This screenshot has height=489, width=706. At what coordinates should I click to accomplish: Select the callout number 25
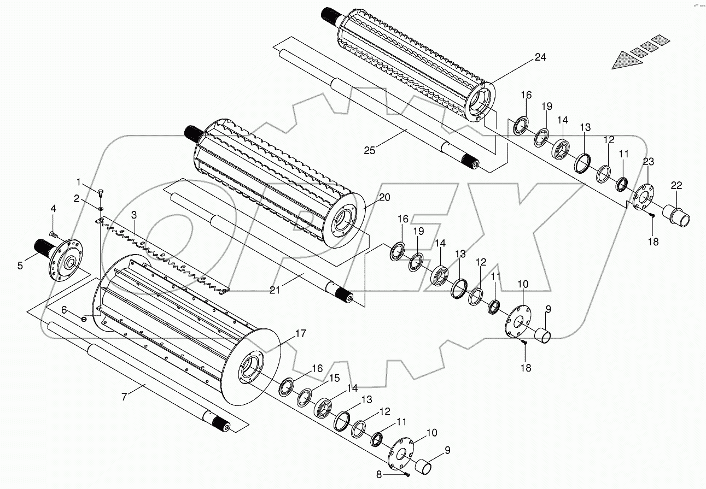[x=370, y=150]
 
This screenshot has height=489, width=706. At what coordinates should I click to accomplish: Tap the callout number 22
[x=676, y=186]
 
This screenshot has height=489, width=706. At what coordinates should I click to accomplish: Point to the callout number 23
[x=648, y=162]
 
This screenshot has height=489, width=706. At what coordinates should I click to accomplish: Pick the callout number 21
[x=275, y=290]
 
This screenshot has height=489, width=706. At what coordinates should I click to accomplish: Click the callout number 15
[x=334, y=379]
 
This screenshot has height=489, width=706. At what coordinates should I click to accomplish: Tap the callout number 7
[x=124, y=397]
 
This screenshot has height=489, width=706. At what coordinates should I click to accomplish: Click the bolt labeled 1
[x=101, y=192]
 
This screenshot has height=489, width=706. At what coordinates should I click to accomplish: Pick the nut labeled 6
[x=84, y=319]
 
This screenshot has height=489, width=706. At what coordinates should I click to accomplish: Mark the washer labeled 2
[x=102, y=208]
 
